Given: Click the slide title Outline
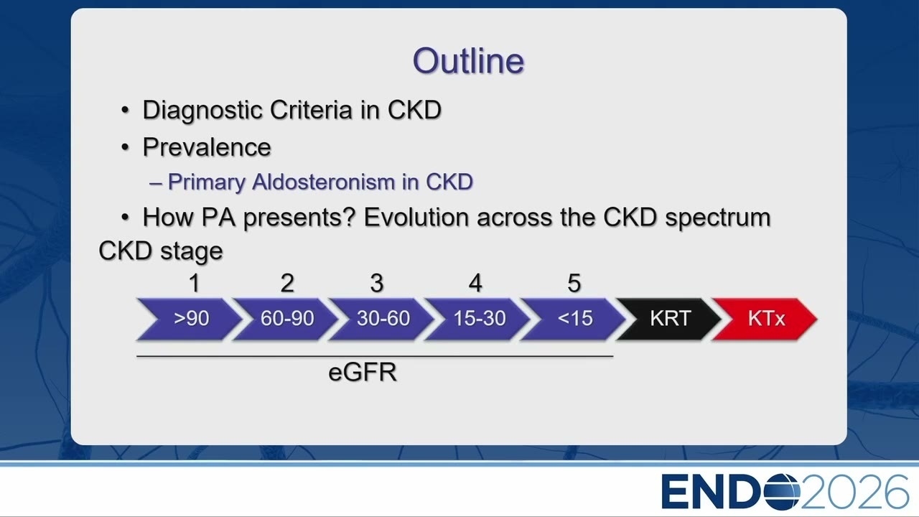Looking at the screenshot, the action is (468, 61).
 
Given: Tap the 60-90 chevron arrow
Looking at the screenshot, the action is (286, 319).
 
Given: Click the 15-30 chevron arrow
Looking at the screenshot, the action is (479, 319).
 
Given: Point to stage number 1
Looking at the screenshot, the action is (194, 283).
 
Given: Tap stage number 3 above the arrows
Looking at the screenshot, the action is (377, 283).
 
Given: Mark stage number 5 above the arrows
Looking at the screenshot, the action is (574, 283).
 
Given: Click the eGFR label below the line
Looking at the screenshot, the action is (363, 372).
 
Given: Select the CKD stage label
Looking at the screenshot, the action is (161, 251).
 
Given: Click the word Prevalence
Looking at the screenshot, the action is (207, 147).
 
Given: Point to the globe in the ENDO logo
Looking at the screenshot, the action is (782, 492).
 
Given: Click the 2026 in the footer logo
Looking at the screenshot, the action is (854, 492).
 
